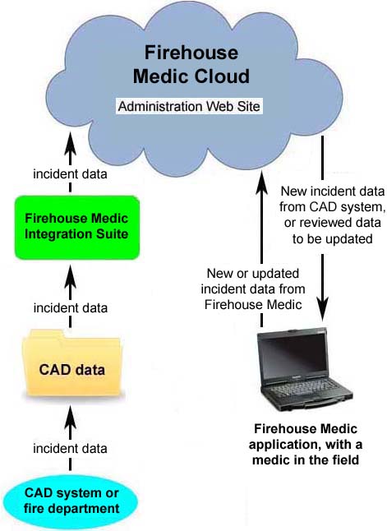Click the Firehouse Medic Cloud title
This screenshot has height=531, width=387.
tap(191, 64)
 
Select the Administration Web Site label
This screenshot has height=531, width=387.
tap(189, 106)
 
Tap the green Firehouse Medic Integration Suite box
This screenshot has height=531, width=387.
tap(77, 227)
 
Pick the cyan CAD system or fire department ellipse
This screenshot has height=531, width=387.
tap(71, 501)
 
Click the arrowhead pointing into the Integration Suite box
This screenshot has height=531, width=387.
tap(70, 276)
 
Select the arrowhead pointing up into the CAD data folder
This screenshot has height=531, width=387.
tap(70, 418)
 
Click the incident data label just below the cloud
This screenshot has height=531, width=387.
tap(70, 174)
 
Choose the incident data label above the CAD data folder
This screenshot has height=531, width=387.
tap(71, 307)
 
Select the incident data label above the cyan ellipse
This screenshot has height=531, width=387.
tap(70, 448)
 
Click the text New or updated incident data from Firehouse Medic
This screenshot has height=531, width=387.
tap(253, 289)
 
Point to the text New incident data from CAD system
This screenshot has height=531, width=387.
tap(333, 199)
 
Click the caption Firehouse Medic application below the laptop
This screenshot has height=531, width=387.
tap(306, 436)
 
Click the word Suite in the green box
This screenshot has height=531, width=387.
tap(112, 234)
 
